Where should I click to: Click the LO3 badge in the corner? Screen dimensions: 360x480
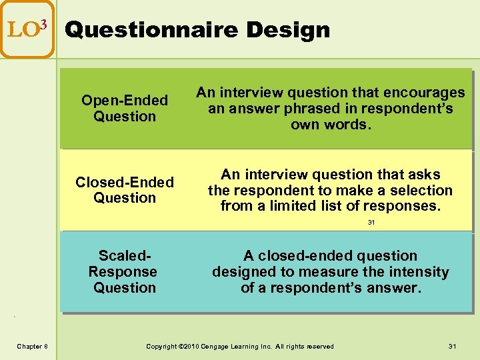[27, 29]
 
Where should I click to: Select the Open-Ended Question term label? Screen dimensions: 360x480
[125, 108]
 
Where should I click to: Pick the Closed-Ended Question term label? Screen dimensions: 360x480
[125, 190]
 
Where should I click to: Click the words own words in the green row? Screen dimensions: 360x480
[330, 125]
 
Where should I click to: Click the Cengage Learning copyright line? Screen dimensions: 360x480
[240, 346]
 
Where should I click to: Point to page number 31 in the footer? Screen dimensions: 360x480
[453, 346]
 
